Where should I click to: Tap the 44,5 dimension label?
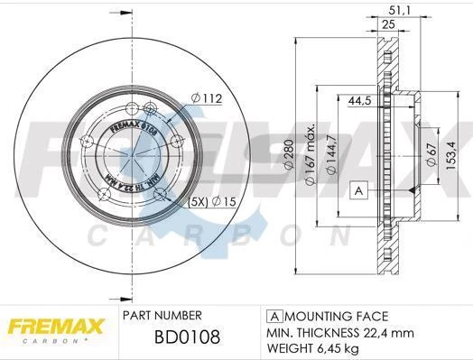[x=361, y=102]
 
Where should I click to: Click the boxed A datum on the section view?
[x=357, y=190]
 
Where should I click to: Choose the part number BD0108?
[x=176, y=340]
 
